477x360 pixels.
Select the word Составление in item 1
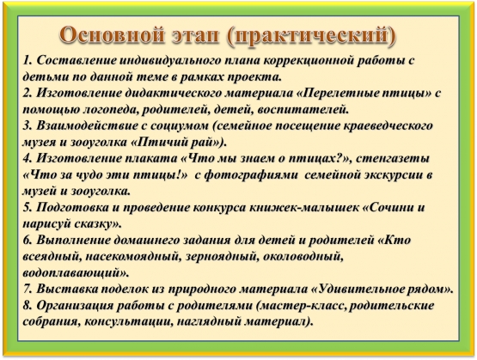click(x=76, y=60)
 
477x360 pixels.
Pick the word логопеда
click(x=110, y=110)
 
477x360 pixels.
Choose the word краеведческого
click(x=388, y=126)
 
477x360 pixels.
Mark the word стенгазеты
click(x=393, y=159)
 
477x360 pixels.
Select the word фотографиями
click(x=251, y=175)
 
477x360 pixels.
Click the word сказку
click(x=95, y=224)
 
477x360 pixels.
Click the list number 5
click(x=28, y=208)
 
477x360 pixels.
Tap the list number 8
click(x=28, y=306)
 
